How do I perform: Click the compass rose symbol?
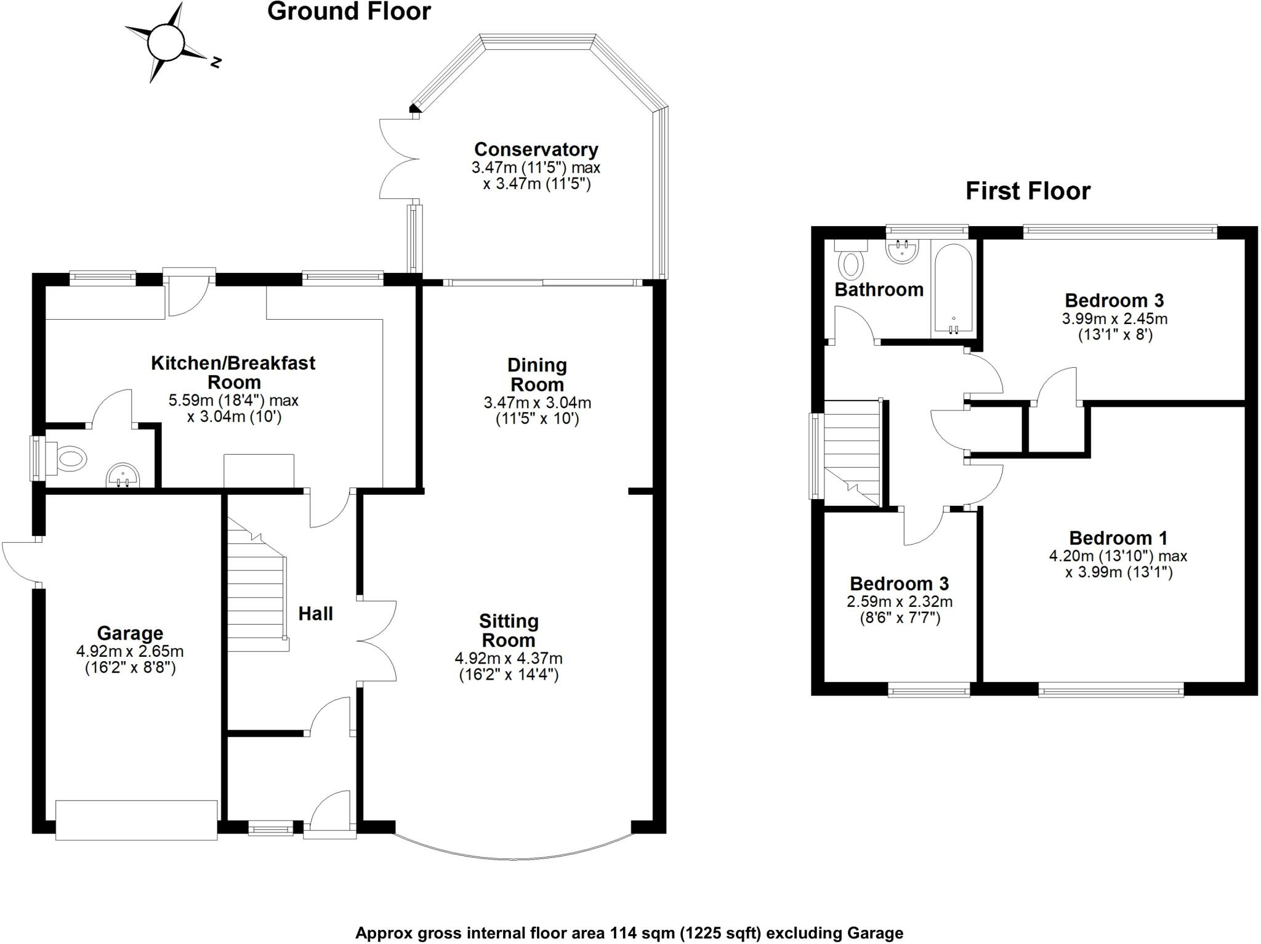tap(165, 43)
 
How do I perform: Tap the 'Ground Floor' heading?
tap(348, 12)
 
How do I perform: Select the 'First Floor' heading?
tap(1028, 191)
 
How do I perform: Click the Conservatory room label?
tap(536, 150)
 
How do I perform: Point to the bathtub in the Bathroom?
tap(953, 288)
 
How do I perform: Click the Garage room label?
tap(130, 633)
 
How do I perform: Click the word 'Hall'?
tap(315, 614)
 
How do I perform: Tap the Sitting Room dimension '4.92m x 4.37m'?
tap(509, 658)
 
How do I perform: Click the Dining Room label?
tap(537, 375)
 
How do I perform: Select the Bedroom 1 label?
tap(1118, 538)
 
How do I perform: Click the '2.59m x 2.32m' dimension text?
tap(900, 601)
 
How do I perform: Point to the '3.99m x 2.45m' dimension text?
tap(1114, 319)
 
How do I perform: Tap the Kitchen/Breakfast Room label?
tap(233, 372)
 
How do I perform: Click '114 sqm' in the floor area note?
tap(643, 932)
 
